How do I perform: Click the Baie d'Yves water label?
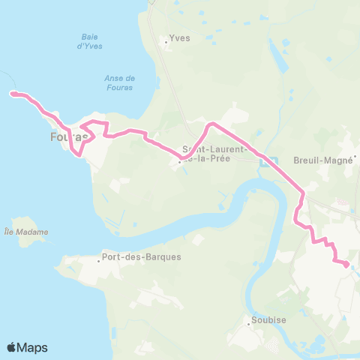[90, 41]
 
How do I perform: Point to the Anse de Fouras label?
[120, 82]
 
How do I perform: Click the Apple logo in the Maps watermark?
[13, 347]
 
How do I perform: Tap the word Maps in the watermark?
[34, 347]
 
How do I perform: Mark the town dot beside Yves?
[166, 42]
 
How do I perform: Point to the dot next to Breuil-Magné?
[356, 157]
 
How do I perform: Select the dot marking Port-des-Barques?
[100, 261]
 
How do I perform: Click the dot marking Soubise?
[249, 324]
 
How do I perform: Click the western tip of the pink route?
[10, 94]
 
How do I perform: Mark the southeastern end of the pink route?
[346, 264]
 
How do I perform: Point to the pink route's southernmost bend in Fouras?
[78, 155]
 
